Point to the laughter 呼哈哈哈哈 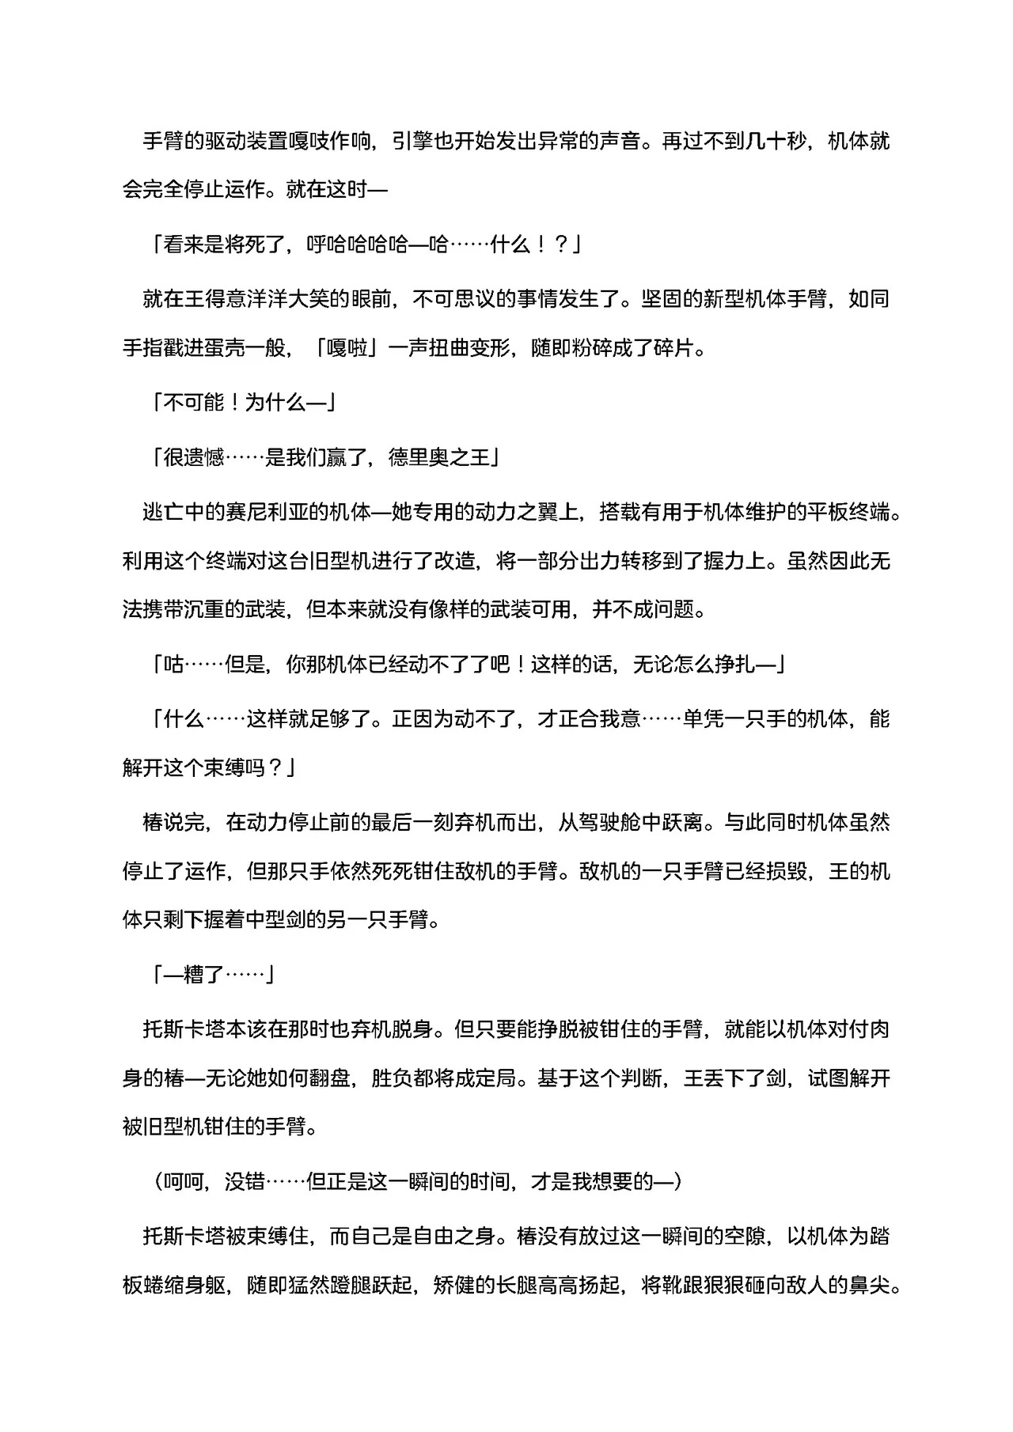click(x=358, y=246)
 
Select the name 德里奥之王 click(x=439, y=457)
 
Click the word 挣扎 click(x=735, y=665)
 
